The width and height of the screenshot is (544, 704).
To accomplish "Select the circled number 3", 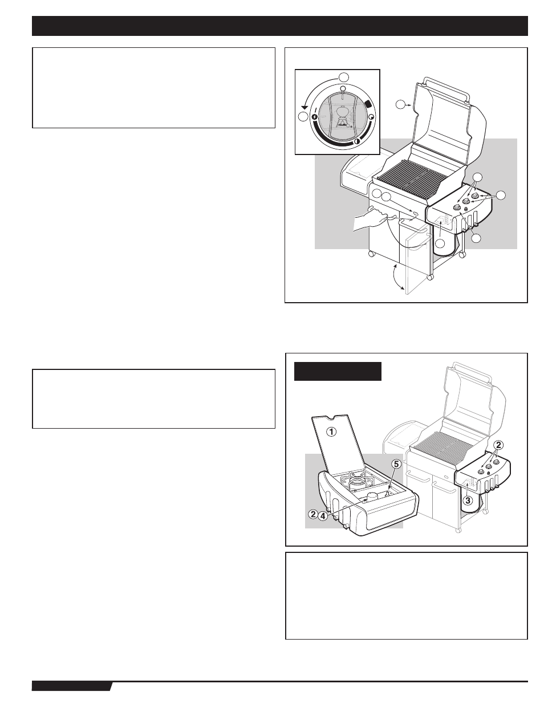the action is (x=467, y=502).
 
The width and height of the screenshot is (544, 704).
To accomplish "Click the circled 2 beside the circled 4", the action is (x=313, y=514).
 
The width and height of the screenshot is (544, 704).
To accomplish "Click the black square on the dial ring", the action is (x=368, y=104).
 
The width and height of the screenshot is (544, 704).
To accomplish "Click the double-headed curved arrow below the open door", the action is (x=398, y=279).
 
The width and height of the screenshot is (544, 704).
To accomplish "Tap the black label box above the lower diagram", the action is (x=338, y=371).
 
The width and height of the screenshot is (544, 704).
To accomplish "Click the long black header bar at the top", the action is (x=280, y=26).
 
